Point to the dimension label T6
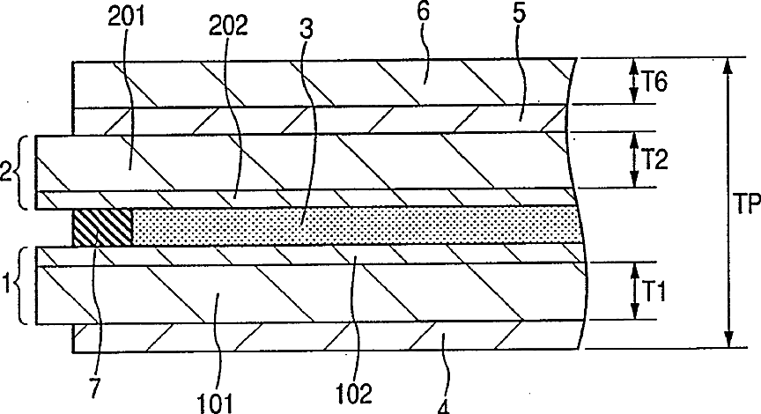654,81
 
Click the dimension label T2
654,159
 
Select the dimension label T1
654,290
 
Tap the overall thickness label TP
744,204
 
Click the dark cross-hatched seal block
102,225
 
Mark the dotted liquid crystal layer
352,225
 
